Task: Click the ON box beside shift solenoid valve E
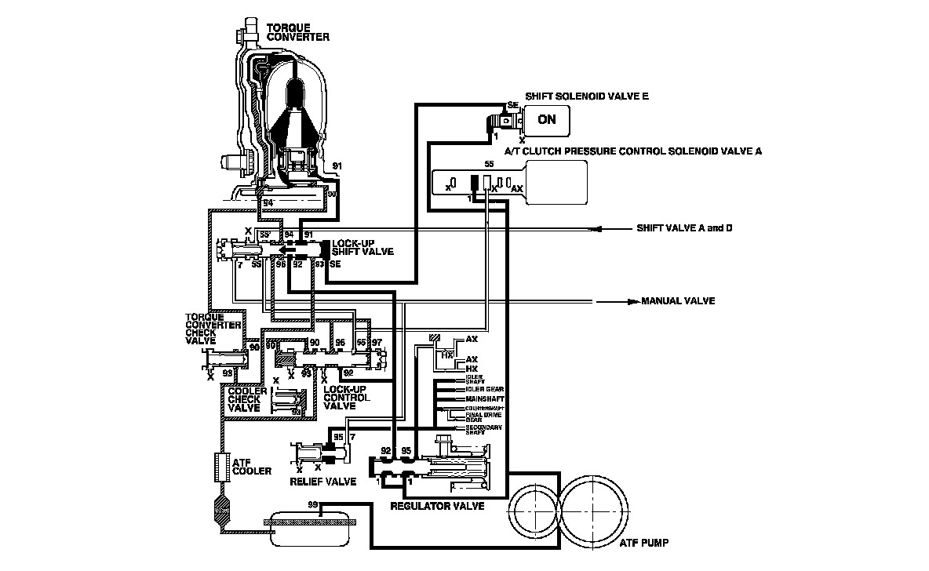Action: click(548, 119)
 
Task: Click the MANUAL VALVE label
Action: click(678, 301)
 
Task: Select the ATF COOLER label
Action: click(252, 466)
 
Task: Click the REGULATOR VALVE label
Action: click(437, 506)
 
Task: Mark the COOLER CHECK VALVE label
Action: click(244, 399)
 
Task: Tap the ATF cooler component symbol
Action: click(220, 468)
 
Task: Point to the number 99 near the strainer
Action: click(313, 504)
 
